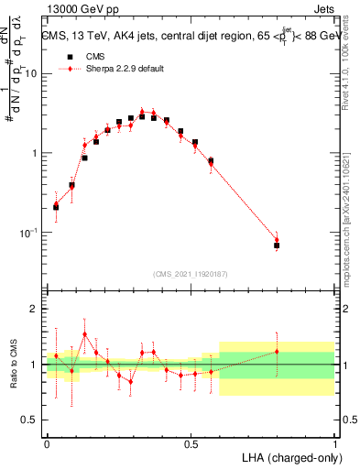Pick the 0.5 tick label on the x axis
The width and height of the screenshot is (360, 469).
tap(191, 442)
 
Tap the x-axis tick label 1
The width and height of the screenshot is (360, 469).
tap(334, 442)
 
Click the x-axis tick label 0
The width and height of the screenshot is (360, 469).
tap(47, 442)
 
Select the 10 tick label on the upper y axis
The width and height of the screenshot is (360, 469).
tap(32, 73)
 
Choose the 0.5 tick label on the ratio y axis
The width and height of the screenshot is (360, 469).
tap(32, 420)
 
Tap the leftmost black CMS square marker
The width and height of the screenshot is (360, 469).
tap(56, 207)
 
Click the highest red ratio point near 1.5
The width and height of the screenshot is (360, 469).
tap(84, 333)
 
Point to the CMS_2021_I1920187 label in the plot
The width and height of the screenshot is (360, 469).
tap(191, 273)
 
